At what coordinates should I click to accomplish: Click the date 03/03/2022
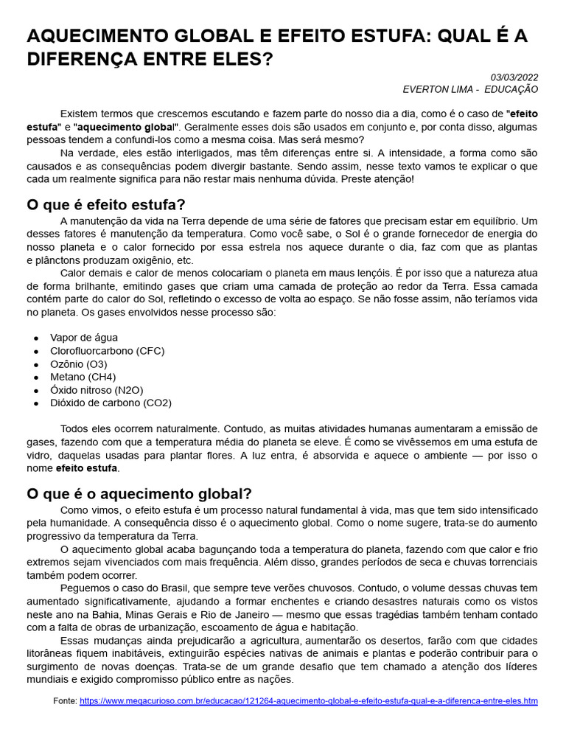click(x=514, y=77)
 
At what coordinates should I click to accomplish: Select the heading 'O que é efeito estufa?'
click(x=106, y=204)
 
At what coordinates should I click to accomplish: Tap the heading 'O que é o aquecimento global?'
click(x=139, y=493)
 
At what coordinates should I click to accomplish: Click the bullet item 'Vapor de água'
click(x=84, y=338)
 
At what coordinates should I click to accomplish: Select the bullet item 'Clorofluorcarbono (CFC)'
click(x=108, y=351)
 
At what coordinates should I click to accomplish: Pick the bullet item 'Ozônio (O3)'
click(x=79, y=364)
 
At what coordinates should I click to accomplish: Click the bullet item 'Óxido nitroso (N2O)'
click(x=97, y=390)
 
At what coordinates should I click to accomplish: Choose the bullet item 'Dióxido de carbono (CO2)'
click(x=111, y=403)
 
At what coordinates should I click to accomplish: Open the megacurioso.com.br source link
click(x=308, y=700)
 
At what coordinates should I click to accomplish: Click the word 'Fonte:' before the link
click(x=65, y=700)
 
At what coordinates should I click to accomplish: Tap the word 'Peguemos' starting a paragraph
click(x=83, y=588)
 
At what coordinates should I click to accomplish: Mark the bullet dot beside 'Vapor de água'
click(x=35, y=338)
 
